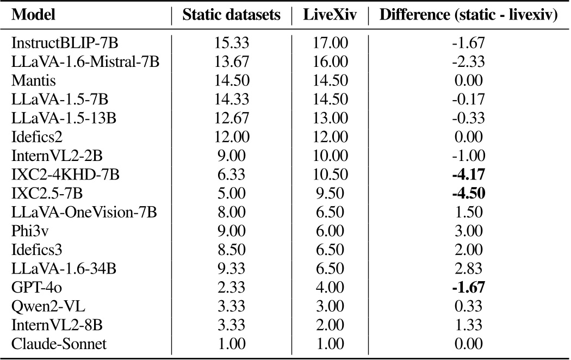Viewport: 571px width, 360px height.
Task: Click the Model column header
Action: pos(33,15)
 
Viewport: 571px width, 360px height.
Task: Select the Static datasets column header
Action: pos(232,15)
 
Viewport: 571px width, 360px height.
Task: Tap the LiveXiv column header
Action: pos(330,15)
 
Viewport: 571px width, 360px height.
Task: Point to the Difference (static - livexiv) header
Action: pos(469,15)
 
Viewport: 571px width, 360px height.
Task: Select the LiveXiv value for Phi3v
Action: pos(330,231)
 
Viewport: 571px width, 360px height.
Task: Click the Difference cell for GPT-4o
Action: pos(468,287)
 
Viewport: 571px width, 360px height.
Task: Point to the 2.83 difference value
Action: pos(468,269)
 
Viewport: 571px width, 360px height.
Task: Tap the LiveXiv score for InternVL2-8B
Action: pos(330,325)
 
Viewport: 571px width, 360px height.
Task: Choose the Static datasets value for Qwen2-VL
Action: pos(232,306)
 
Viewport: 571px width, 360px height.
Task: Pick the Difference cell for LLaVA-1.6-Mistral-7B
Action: pos(468,62)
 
